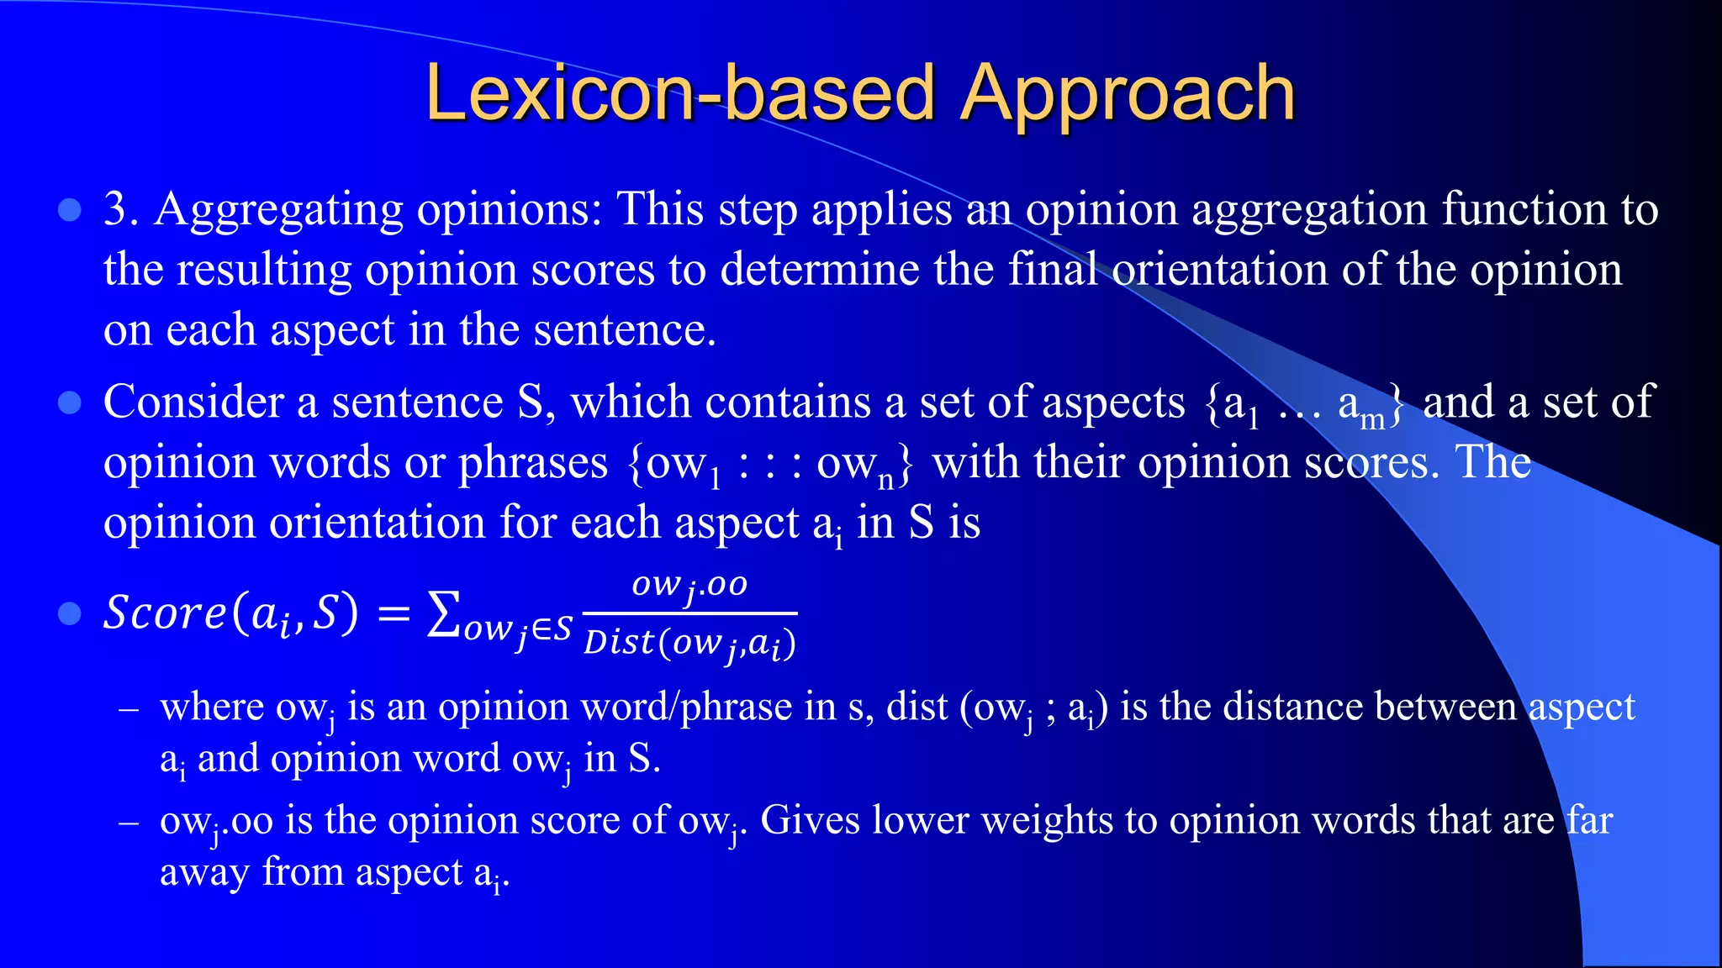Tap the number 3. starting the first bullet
(121, 209)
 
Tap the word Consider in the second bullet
(193, 402)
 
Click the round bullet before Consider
(69, 403)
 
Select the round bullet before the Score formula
(69, 614)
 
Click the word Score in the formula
(165, 612)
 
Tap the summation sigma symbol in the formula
(443, 613)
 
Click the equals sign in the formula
(393, 615)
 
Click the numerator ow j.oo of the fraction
(689, 585)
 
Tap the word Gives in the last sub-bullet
(809, 820)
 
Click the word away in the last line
(204, 873)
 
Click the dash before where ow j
(129, 709)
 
